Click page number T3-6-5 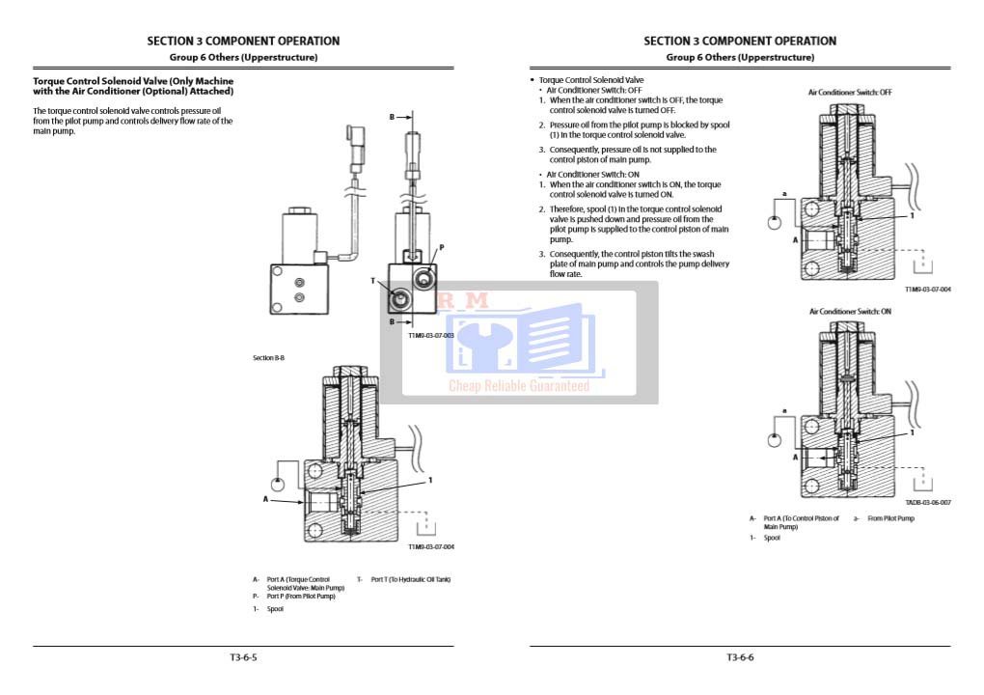243,657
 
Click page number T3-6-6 740,657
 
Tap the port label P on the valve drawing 442,248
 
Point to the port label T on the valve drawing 373,281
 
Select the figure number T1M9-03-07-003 430,335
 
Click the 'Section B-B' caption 268,358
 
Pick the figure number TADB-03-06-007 927,502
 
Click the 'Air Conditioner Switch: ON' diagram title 850,312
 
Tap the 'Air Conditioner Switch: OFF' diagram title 850,92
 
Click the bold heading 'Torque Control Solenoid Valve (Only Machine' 133,81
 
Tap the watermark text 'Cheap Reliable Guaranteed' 518,386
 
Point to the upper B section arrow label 393,117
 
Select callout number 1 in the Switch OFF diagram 912,216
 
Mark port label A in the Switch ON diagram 796,457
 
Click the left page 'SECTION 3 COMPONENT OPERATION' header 243,42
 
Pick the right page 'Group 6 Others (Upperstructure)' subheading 740,58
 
